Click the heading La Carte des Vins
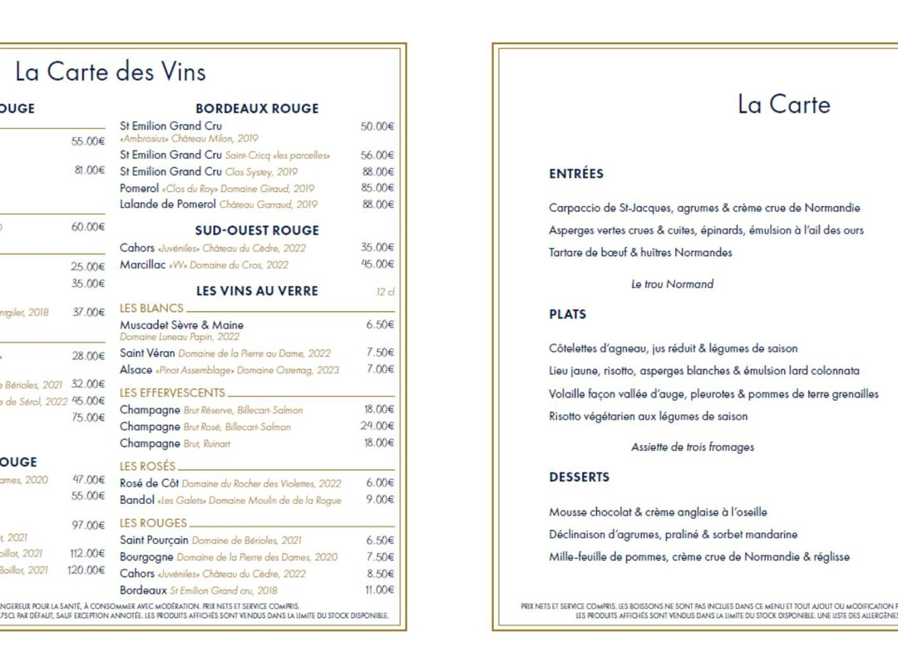click(x=111, y=72)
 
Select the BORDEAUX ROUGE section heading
click(x=257, y=108)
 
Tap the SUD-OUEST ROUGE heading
click(x=257, y=230)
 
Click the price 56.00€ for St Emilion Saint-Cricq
click(x=377, y=156)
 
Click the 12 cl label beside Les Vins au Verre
click(x=385, y=291)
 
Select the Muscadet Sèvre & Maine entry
click(x=181, y=325)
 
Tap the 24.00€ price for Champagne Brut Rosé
click(x=377, y=427)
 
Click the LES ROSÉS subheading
click(x=148, y=467)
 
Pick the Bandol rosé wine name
click(x=137, y=500)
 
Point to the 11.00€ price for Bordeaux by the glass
click(x=379, y=590)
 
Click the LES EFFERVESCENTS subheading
click(x=172, y=393)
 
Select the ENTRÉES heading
click(x=576, y=174)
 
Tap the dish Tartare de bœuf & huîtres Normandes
click(x=640, y=253)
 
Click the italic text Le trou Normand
click(x=672, y=284)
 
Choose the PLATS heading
click(x=568, y=314)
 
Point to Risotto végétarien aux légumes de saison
click(x=648, y=417)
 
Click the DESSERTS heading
click(x=580, y=477)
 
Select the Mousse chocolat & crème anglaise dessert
click(x=658, y=512)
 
